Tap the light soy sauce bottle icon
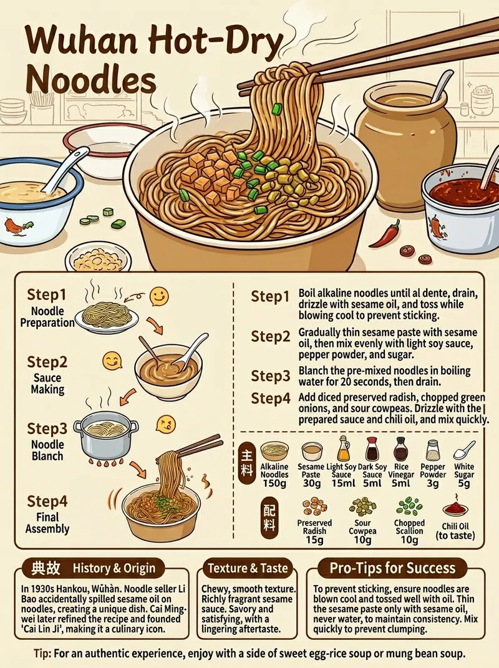pyautogui.click(x=344, y=449)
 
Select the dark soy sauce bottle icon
pyautogui.click(x=372, y=449)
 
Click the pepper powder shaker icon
pyautogui.click(x=433, y=450)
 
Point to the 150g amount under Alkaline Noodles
pyautogui.click(x=274, y=483)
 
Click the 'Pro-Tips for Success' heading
pyautogui.click(x=392, y=568)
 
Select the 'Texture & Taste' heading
pyautogui.click(x=248, y=568)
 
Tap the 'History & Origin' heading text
pyautogui.click(x=114, y=568)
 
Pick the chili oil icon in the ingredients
pyautogui.click(x=455, y=507)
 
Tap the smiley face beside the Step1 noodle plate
pyautogui.click(x=159, y=296)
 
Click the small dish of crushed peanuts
pyautogui.click(x=99, y=258)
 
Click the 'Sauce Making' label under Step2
pyautogui.click(x=48, y=384)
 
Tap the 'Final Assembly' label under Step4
pyautogui.click(x=47, y=523)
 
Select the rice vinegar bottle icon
pyautogui.click(x=401, y=449)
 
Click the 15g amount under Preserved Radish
pyautogui.click(x=314, y=540)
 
